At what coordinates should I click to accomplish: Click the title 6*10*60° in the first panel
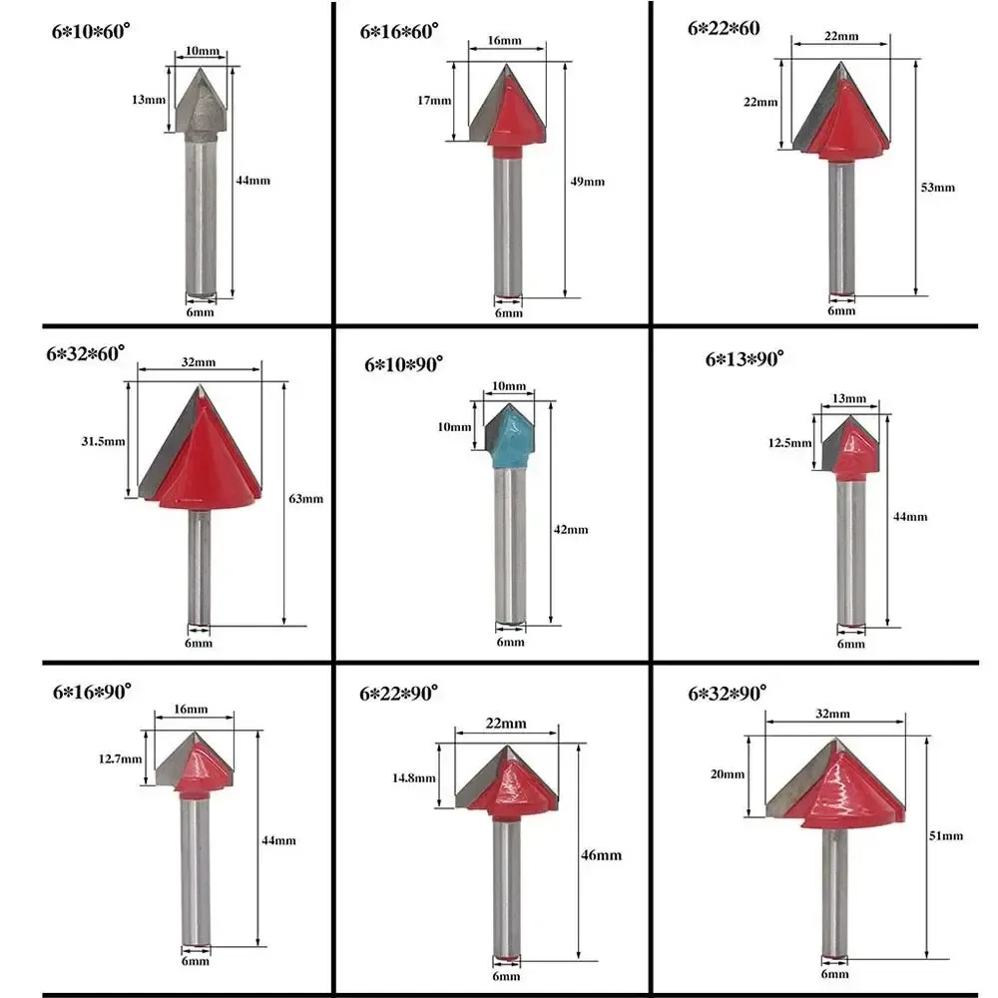91,31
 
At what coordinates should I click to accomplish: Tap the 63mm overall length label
306,499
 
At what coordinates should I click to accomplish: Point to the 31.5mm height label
103,441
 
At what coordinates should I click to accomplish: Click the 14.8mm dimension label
414,777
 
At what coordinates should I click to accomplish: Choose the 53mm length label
938,188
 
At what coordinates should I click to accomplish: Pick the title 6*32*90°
728,693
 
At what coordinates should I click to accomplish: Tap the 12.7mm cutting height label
121,758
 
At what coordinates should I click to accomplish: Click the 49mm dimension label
588,182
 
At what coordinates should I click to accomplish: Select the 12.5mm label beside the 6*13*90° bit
789,443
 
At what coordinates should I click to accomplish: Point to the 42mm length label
571,530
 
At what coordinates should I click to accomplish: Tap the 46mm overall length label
601,855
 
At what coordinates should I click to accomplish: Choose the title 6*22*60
724,28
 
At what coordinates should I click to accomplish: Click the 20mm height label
728,774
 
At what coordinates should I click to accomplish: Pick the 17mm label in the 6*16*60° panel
434,101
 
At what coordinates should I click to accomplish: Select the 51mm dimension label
946,835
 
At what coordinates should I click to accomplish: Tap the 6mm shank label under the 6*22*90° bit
506,976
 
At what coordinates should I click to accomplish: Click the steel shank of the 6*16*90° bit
195,871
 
